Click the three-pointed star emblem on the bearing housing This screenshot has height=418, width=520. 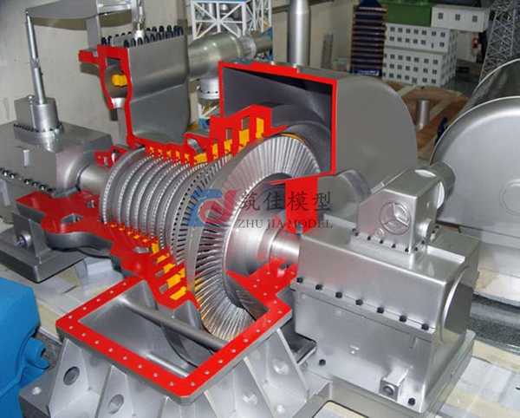395,218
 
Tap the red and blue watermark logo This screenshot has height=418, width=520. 212,207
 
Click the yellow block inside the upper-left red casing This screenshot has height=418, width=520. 119,80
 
